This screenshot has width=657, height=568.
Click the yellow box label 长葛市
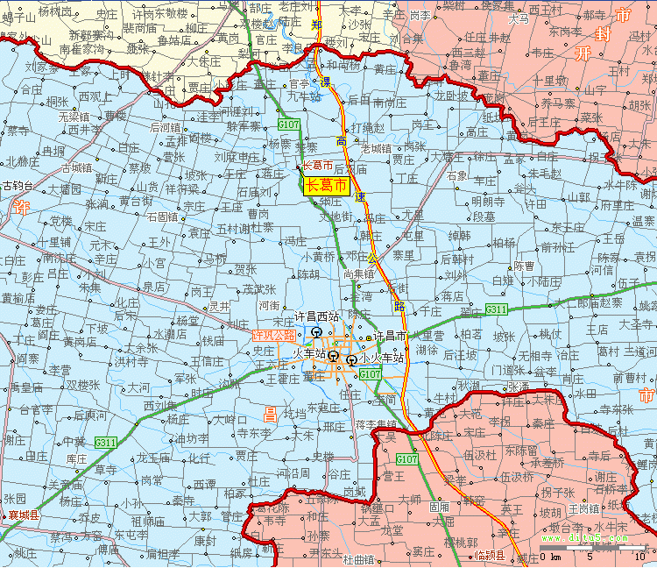pyautogui.click(x=325, y=185)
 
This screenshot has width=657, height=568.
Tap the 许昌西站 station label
pyautogui.click(x=316, y=316)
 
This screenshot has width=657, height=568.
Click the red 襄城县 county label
pyautogui.click(x=24, y=515)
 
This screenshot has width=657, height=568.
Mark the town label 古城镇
pyautogui.click(x=76, y=167)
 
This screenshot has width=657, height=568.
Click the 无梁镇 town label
pyautogui.click(x=74, y=116)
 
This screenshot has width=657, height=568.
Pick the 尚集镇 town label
pyautogui.click(x=359, y=273)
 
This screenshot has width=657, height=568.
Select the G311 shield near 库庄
pyautogui.click(x=106, y=442)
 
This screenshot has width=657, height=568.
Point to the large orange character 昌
pyautogui.click(x=271, y=410)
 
